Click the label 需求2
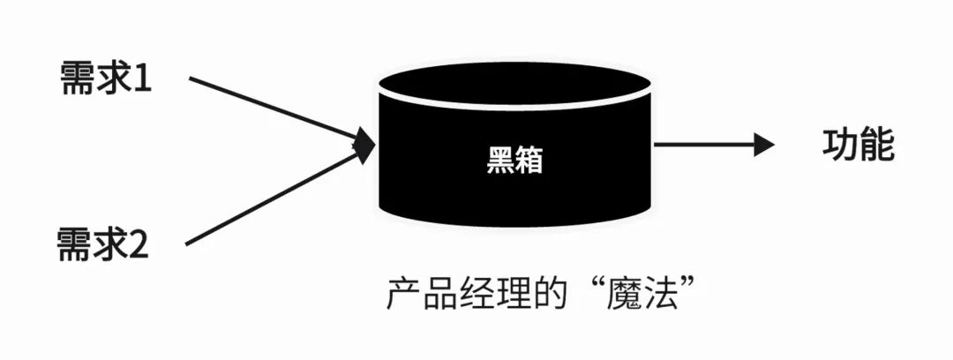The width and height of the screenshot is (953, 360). pyautogui.click(x=103, y=244)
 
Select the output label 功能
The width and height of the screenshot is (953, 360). pyautogui.click(x=858, y=146)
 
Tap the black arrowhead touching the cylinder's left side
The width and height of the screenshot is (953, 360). pyautogui.click(x=365, y=146)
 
